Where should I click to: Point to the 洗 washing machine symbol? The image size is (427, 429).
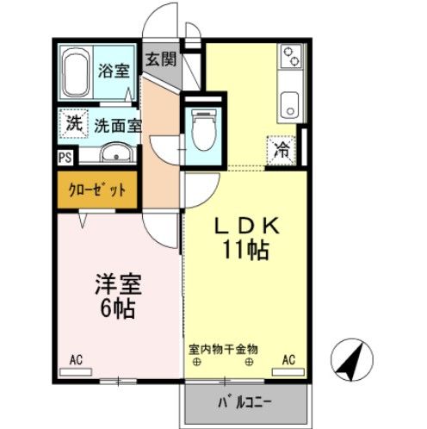click(74, 123)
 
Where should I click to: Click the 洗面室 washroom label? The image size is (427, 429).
click(117, 125)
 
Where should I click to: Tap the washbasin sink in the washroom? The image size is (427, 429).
click(114, 155)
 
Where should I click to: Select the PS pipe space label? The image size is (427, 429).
click(65, 158)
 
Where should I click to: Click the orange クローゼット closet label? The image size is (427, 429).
click(96, 189)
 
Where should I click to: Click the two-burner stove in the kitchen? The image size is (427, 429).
click(290, 60)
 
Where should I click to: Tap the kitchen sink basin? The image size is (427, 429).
click(289, 109)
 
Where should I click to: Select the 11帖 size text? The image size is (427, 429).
click(245, 251)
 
